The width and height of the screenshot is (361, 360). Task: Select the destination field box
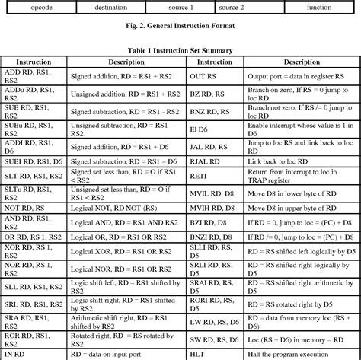point(110,6)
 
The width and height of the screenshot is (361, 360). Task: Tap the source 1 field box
point(180,6)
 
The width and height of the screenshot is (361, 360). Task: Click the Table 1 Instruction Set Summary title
point(180,50)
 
